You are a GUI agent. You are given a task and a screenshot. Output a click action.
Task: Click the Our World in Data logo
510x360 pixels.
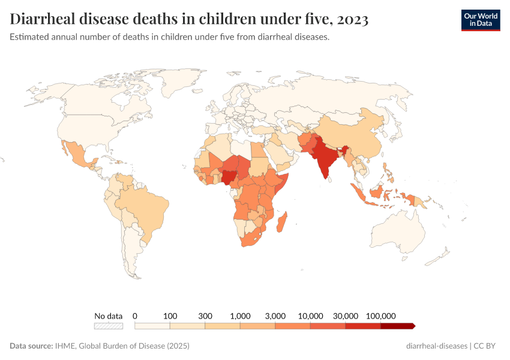480,19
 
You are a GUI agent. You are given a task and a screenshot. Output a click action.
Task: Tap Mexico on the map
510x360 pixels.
78,153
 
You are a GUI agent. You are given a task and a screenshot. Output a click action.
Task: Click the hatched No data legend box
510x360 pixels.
108,326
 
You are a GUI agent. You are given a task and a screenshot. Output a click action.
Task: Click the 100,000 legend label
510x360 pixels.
380,316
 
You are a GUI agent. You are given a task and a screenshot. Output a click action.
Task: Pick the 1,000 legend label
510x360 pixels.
240,316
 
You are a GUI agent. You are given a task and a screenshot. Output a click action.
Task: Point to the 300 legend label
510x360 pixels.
205,316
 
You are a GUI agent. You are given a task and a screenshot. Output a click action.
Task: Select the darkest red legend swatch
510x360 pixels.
397,326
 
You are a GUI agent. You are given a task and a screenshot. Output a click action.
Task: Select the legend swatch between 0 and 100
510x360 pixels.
152,326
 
